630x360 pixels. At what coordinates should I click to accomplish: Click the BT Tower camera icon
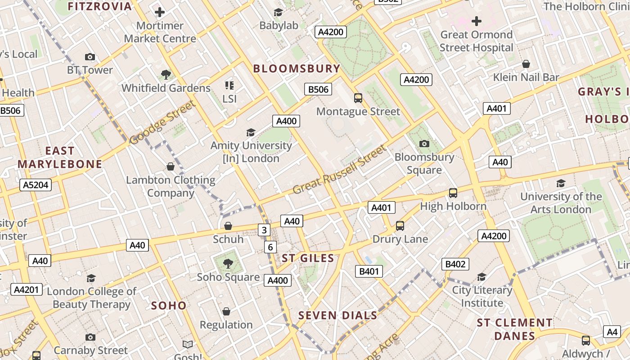click(x=90, y=57)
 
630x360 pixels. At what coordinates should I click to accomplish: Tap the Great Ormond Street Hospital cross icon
click(x=476, y=21)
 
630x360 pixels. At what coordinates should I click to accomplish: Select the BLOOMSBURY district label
click(x=297, y=68)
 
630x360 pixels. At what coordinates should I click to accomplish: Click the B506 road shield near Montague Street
click(x=318, y=89)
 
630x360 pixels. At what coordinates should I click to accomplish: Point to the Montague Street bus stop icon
click(x=358, y=98)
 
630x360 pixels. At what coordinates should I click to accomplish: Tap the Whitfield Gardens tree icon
click(x=166, y=74)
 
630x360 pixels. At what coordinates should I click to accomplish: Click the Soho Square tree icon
click(x=228, y=263)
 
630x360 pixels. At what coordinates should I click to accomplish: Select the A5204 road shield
click(x=36, y=184)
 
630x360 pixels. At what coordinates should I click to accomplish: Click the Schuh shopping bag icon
click(x=228, y=225)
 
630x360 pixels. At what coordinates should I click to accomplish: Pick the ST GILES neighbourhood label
click(x=308, y=258)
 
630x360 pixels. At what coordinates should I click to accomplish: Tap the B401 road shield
click(x=369, y=271)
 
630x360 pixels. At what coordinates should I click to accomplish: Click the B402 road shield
click(x=455, y=264)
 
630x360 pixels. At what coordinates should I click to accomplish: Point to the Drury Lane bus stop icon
click(x=400, y=225)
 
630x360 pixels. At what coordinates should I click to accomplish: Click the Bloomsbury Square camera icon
click(x=424, y=144)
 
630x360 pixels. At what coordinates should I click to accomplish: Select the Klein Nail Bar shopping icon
click(x=526, y=64)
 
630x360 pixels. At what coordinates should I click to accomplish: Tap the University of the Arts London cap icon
click(x=561, y=183)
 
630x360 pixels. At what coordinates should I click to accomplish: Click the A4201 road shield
click(x=27, y=289)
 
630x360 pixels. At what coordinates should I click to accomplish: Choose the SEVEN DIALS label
click(x=337, y=315)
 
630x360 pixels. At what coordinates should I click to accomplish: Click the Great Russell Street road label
click(x=340, y=170)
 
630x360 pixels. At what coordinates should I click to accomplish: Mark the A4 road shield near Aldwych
click(x=612, y=332)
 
